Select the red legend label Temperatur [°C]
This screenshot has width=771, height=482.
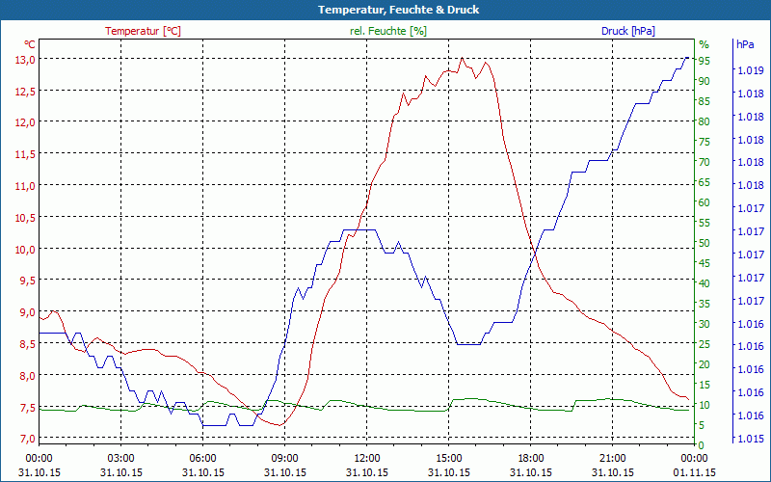[143, 31]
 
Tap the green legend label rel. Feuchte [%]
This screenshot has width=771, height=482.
[388, 31]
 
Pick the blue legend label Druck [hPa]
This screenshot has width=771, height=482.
[627, 31]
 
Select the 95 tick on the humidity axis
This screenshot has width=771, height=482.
[705, 61]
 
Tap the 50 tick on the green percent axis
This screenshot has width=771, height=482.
[705, 243]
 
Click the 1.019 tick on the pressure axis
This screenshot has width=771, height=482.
[750, 70]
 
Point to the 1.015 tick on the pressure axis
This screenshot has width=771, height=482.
[750, 439]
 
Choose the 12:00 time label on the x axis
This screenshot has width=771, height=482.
[366, 458]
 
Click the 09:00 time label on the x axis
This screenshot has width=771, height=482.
[284, 458]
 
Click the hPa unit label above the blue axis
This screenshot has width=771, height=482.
[745, 44]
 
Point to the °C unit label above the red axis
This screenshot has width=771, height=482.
[29, 44]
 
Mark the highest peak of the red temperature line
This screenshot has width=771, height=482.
[463, 58]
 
